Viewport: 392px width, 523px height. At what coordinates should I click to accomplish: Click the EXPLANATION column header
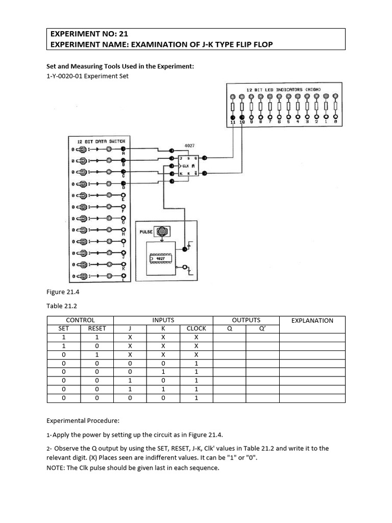point(312,321)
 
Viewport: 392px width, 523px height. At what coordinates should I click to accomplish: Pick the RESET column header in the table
point(97,329)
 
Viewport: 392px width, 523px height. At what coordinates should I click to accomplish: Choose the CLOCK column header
point(196,329)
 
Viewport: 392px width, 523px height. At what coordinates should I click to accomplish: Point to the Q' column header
point(262,329)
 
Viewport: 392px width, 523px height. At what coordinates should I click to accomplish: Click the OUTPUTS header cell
point(246,320)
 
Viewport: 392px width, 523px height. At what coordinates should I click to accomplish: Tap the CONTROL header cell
point(81,320)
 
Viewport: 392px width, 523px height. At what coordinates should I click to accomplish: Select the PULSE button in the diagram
point(163,231)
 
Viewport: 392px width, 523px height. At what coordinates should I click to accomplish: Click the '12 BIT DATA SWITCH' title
point(101,140)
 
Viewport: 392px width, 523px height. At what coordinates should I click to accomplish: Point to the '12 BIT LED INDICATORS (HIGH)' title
point(283,90)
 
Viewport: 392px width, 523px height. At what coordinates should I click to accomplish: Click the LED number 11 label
point(232,123)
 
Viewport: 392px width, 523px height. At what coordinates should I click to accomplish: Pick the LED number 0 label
point(334,123)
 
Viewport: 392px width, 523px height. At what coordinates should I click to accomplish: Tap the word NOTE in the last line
point(56,468)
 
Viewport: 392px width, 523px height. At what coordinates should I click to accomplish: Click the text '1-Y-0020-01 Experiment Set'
point(87,76)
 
